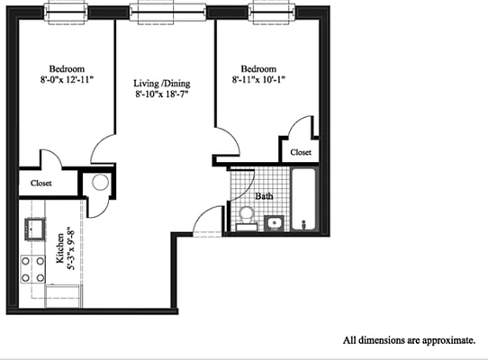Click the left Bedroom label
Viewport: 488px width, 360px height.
(x=68, y=68)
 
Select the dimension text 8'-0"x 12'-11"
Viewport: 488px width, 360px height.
(x=68, y=80)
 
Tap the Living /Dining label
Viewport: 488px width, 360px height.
(x=163, y=81)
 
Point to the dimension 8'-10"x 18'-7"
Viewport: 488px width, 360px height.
(x=163, y=93)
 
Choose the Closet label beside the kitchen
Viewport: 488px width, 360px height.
(x=41, y=183)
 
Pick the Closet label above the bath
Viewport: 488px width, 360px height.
(x=300, y=154)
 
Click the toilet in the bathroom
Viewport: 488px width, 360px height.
(x=245, y=217)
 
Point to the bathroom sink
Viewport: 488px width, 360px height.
(x=275, y=222)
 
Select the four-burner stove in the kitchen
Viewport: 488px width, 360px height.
(x=33, y=268)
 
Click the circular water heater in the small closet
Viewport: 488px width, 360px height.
(x=98, y=183)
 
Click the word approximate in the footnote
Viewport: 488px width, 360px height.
(x=442, y=341)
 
